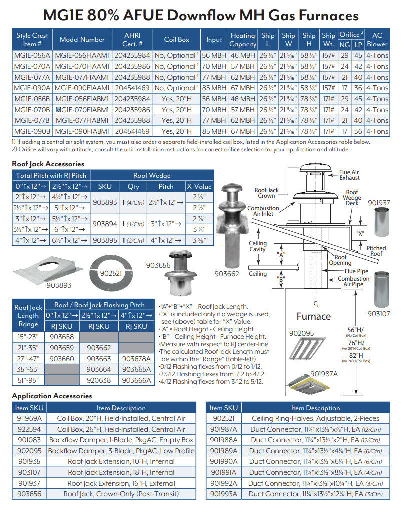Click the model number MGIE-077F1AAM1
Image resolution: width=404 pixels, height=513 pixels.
(82, 77)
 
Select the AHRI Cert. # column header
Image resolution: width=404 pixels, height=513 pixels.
(132, 39)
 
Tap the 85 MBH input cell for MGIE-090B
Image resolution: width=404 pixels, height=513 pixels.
(214, 131)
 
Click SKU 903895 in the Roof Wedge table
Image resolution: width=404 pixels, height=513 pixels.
(105, 240)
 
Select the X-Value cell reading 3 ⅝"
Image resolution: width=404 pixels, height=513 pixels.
(199, 240)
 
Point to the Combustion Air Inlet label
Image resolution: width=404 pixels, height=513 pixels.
(263, 211)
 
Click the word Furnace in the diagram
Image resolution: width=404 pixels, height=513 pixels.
(314, 316)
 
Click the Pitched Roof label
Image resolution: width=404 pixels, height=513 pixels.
(376, 251)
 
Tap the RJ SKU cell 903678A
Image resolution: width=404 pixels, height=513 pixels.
(135, 359)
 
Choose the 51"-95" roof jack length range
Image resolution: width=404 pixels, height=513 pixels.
(28, 380)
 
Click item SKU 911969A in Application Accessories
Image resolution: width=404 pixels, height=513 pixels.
(30, 418)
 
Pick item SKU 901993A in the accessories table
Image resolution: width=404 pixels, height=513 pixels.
(224, 494)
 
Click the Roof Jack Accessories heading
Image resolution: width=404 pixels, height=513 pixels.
(48, 164)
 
